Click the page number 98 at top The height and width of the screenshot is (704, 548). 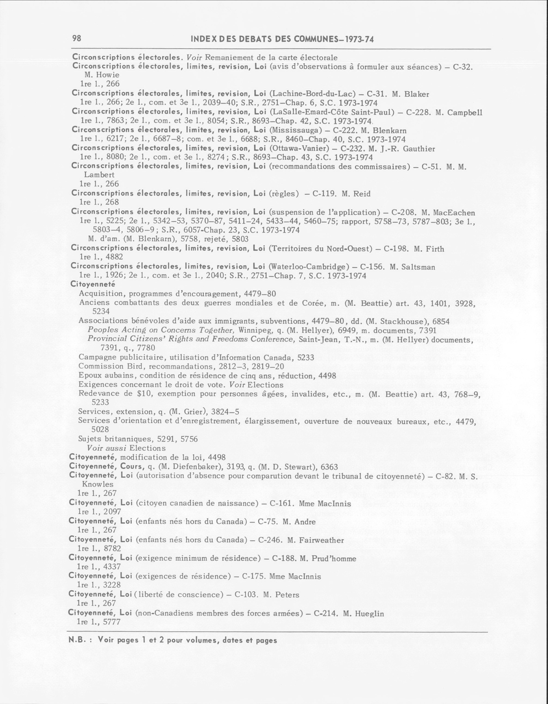[77, 38]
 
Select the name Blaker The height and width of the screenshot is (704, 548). [417, 94]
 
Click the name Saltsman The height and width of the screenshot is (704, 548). [418, 267]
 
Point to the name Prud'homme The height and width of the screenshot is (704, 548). [334, 559]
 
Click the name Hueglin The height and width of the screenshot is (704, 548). [369, 613]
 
